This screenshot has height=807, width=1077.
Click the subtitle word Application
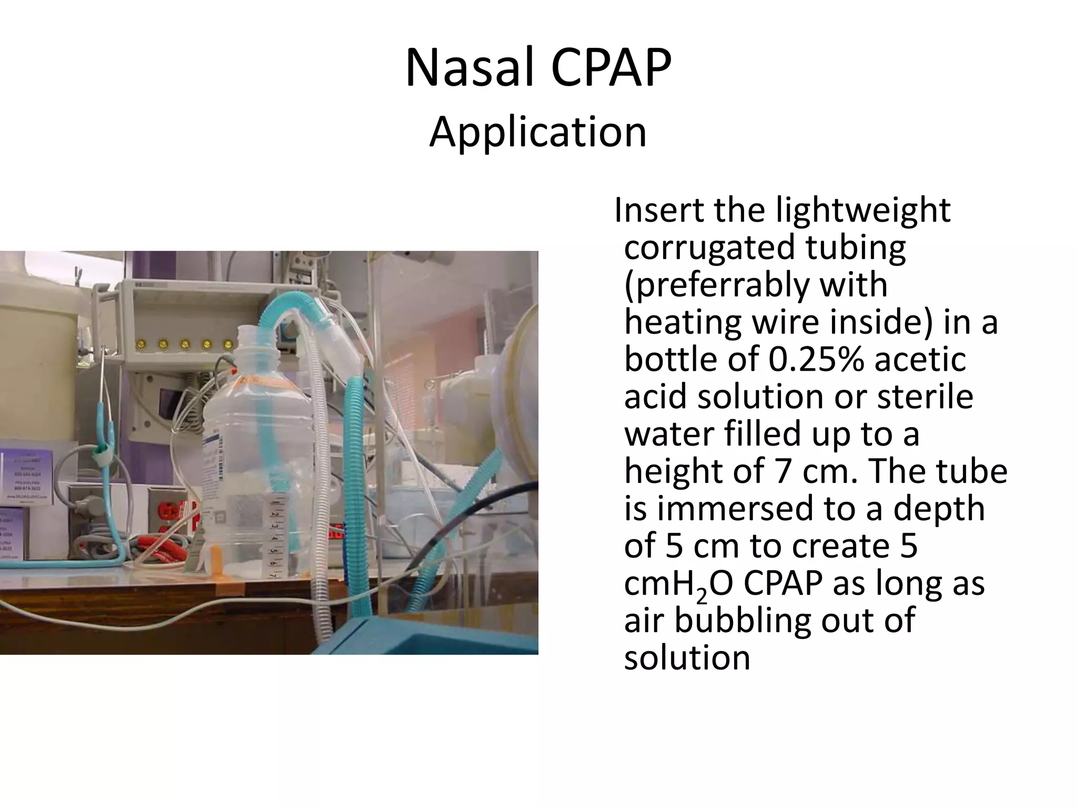click(537, 132)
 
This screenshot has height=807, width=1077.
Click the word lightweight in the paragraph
click(863, 210)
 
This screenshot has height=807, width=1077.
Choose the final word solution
click(686, 658)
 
